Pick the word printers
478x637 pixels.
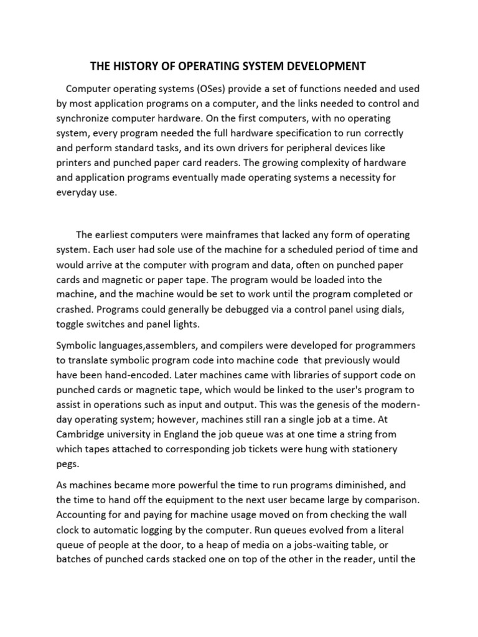pyautogui.click(x=77, y=163)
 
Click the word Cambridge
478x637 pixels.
pyautogui.click(x=83, y=435)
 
